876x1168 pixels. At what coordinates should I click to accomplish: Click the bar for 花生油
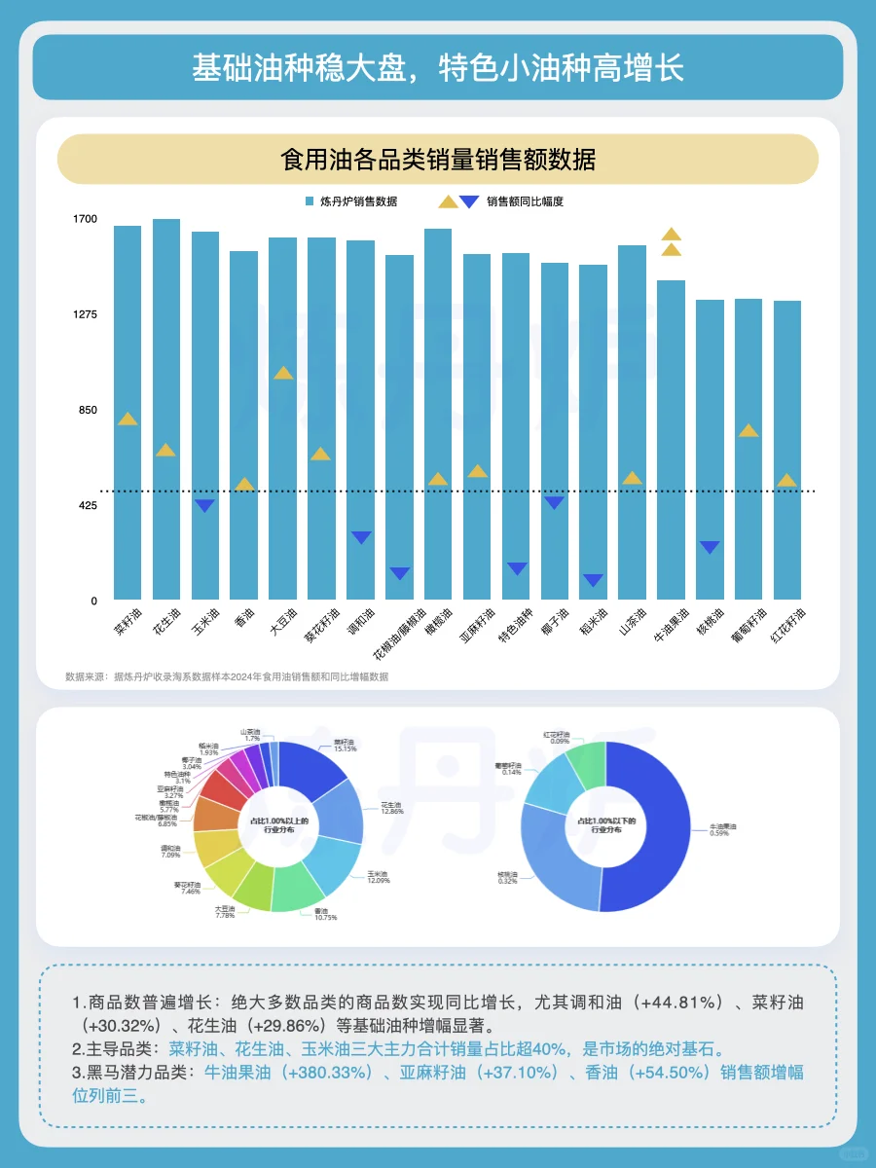pos(166,409)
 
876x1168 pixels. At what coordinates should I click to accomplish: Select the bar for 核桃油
pos(710,449)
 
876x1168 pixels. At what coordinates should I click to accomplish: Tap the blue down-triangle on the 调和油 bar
pos(361,537)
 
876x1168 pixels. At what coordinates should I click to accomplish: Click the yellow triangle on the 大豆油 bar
pos(282,373)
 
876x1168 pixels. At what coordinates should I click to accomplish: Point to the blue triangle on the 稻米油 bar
pos(593,580)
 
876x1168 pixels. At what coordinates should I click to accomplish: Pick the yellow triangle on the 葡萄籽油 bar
pos(748,430)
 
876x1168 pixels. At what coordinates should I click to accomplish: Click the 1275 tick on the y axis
pos(86,314)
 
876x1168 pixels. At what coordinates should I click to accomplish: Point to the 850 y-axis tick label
pos(88,410)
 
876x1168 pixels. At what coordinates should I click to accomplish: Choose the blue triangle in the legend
pos(469,202)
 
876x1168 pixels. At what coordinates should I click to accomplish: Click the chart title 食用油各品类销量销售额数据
pos(437,160)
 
